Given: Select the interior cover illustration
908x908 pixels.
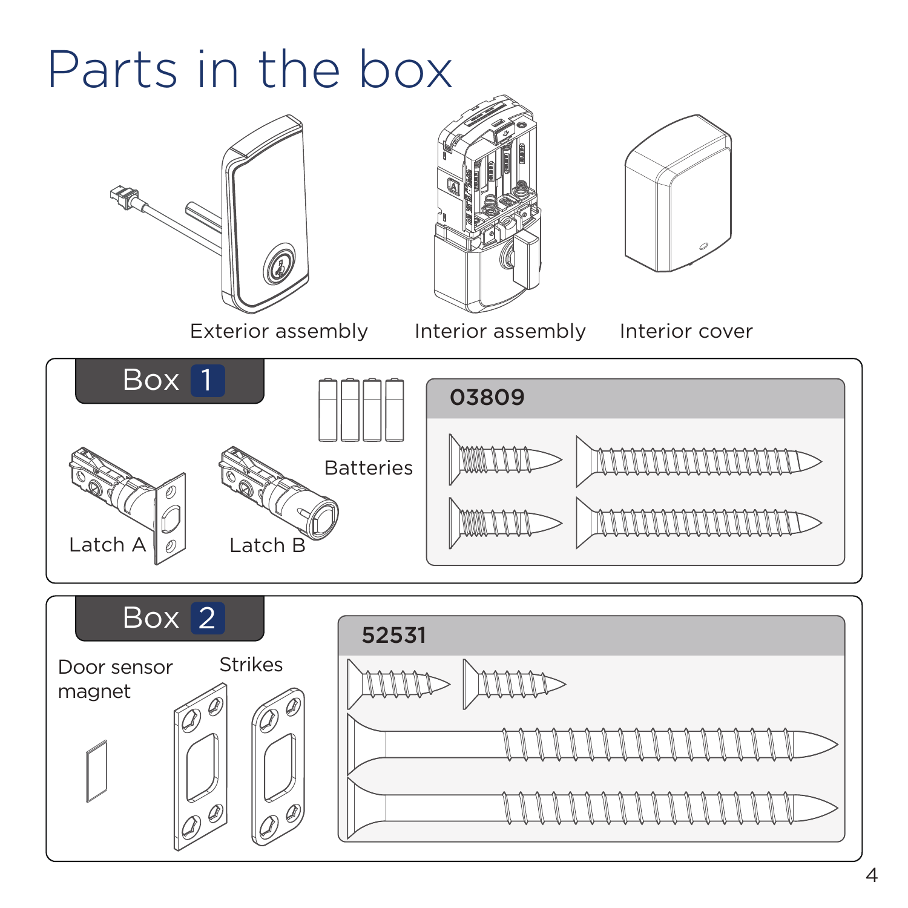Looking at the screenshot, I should tap(678, 194).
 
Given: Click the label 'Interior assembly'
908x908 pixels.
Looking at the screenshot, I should tap(500, 331).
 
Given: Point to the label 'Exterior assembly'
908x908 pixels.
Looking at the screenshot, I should tap(278, 331).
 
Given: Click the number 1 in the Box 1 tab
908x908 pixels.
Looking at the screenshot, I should tap(207, 381).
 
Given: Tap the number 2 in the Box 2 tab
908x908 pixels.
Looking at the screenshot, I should tap(207, 618).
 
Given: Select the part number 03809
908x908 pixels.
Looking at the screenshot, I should tap(487, 398).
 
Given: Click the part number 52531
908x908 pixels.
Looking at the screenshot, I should tap(393, 636).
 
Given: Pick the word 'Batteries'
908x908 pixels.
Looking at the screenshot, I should tap(368, 468).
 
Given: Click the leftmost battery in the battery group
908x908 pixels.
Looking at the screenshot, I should tap(328, 410).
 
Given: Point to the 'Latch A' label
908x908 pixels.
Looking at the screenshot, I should tap(107, 545).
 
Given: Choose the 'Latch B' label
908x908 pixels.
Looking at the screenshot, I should tap(267, 545).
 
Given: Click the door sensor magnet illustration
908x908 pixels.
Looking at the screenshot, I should tap(97, 771).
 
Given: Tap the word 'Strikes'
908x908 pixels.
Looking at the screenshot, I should tap(251, 665).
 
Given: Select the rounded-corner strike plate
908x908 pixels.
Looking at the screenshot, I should tap(278, 766).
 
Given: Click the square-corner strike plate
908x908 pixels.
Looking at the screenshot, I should tap(201, 766).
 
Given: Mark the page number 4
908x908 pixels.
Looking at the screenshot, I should tap(872, 875).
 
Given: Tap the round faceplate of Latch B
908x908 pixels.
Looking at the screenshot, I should tap(321, 518).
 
